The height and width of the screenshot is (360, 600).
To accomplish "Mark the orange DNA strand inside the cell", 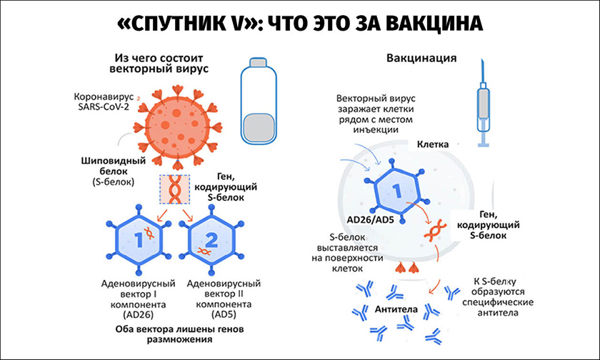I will pos(432,230).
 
